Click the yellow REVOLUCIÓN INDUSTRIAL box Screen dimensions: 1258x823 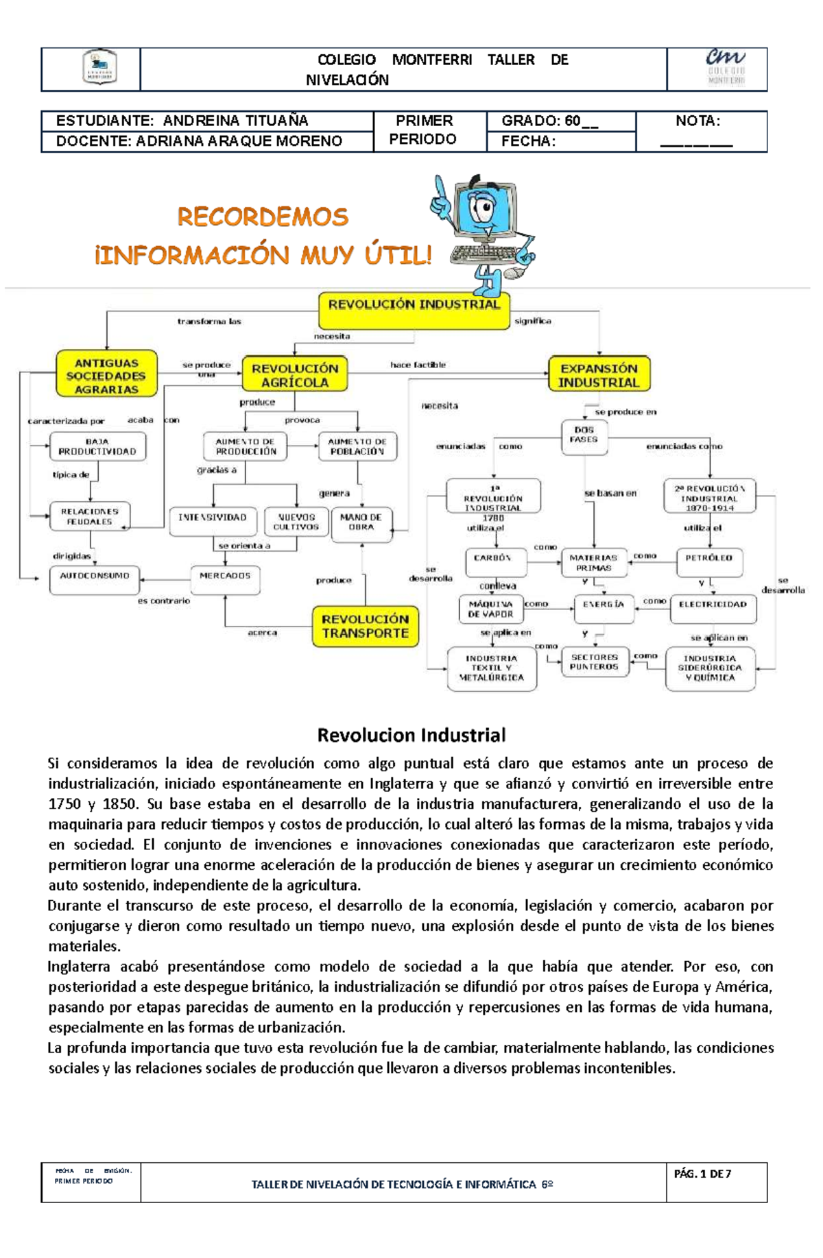[414, 311]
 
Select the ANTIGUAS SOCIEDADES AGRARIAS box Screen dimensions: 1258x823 [106, 374]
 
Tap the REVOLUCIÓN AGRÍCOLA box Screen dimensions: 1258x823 [295, 375]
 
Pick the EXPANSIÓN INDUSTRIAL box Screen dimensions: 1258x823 [599, 374]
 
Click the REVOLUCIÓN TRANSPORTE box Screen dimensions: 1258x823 [365, 626]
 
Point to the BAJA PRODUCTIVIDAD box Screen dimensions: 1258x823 [97, 447]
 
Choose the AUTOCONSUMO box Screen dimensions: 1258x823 [95, 579]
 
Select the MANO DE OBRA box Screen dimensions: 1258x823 [361, 524]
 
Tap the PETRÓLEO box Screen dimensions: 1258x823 [709, 561]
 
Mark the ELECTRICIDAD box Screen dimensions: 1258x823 [713, 607]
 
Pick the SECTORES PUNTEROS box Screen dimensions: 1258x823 [595, 662]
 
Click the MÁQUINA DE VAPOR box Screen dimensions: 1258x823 [491, 608]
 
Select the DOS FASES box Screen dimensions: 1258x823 [584, 437]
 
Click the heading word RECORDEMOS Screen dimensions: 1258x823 [263, 217]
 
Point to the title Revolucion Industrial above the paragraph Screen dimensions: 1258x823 [411, 736]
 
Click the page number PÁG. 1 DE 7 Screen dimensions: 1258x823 [702, 1174]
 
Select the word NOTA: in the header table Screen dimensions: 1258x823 [697, 121]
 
